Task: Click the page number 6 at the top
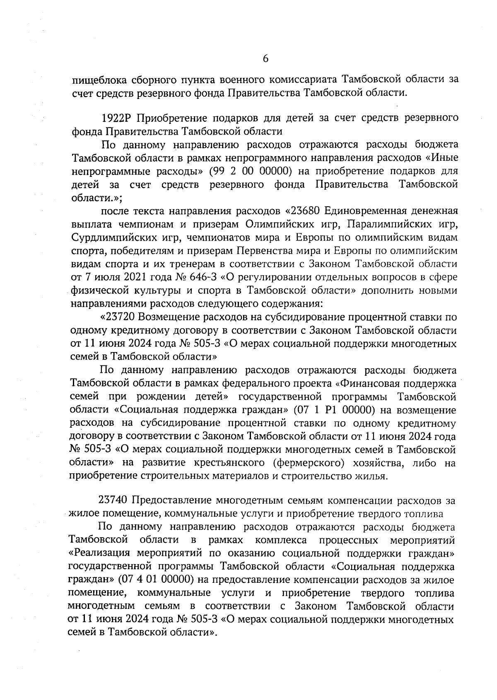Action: (265, 59)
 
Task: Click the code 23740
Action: (114, 500)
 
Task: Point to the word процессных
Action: (349, 540)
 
